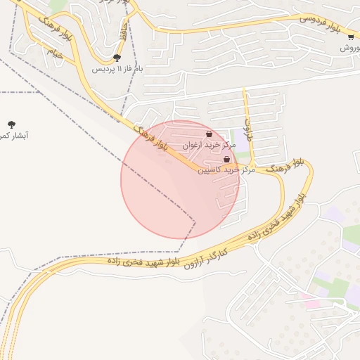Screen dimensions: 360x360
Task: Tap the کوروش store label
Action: pyautogui.click(x=349, y=48)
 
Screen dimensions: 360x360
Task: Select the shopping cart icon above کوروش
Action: pyautogui.click(x=350, y=37)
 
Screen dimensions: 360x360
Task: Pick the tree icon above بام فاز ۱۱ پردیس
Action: pyautogui.click(x=117, y=58)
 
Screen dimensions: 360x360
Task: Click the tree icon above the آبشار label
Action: pyautogui.click(x=11, y=124)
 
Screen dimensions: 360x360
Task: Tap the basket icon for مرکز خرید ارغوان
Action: pyautogui.click(x=209, y=134)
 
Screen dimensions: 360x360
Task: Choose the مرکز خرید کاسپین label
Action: pyautogui.click(x=225, y=169)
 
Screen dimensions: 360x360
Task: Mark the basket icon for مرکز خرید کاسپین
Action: pyautogui.click(x=226, y=160)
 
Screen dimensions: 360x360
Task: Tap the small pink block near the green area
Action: pyautogui.click(x=310, y=303)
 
